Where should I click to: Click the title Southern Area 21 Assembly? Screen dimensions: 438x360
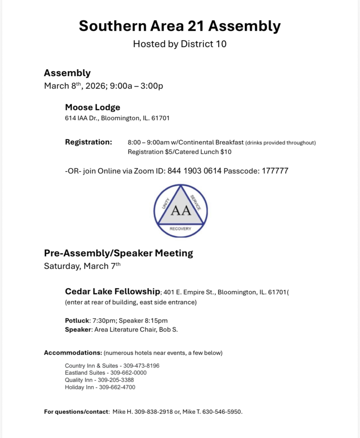click(x=180, y=26)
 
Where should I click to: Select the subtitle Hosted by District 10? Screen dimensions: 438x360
click(x=180, y=44)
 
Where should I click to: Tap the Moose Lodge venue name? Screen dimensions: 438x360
click(x=92, y=107)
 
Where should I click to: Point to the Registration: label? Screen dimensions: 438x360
click(x=89, y=142)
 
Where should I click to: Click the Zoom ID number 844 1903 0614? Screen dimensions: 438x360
click(x=195, y=171)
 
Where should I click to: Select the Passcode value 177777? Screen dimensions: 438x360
click(x=274, y=171)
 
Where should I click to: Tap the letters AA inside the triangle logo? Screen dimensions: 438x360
click(x=181, y=211)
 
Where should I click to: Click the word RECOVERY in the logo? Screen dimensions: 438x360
click(x=181, y=229)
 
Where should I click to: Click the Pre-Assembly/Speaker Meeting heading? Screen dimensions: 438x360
click(x=119, y=253)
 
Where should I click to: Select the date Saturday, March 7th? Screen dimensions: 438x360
click(x=82, y=266)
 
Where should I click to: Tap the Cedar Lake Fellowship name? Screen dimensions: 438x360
click(x=112, y=292)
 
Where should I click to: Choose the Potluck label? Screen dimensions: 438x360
click(x=77, y=320)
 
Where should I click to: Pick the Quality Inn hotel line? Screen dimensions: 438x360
click(x=99, y=380)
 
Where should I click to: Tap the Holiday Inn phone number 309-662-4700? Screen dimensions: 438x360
click(x=117, y=387)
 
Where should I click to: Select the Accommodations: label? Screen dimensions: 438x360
click(x=73, y=353)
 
